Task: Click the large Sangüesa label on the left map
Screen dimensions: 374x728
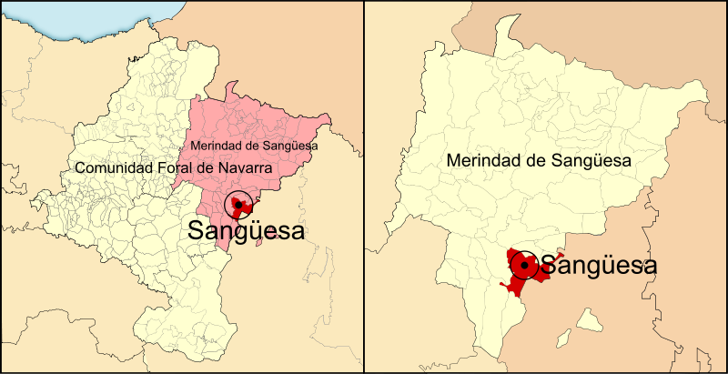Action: [x=246, y=231]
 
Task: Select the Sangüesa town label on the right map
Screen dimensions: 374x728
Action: [x=598, y=266]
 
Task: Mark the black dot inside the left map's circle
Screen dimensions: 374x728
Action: [x=238, y=205]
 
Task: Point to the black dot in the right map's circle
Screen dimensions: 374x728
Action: [x=524, y=265]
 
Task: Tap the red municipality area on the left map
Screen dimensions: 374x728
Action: [x=244, y=200]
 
